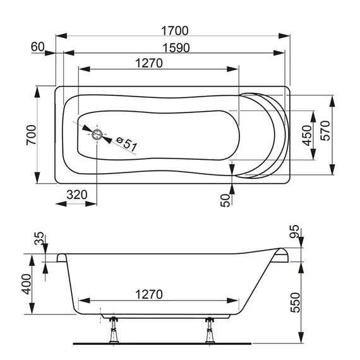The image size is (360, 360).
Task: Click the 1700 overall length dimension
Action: pyautogui.click(x=175, y=31)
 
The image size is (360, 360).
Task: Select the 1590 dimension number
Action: pyautogui.click(x=176, y=48)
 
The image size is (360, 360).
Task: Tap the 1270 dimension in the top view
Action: pyautogui.click(x=149, y=63)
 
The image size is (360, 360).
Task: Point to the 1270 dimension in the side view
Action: pyautogui.click(x=149, y=294)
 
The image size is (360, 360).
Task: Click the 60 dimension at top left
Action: pyautogui.click(x=37, y=47)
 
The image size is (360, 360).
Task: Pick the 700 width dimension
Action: pyautogui.click(x=32, y=135)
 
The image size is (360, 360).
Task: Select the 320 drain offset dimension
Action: pyautogui.click(x=77, y=195)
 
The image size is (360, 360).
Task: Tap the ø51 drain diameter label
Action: pyautogui.click(x=126, y=143)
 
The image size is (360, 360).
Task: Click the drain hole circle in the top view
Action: pyautogui.click(x=97, y=135)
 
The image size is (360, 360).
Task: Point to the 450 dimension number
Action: pyautogui.click(x=307, y=135)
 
